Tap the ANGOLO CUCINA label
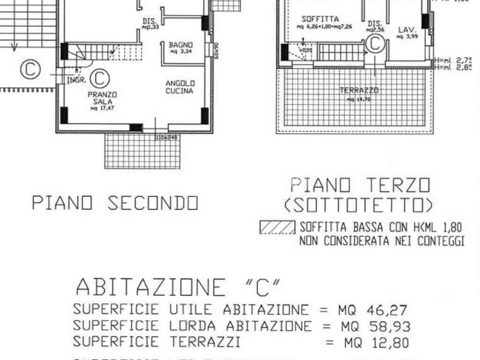180,87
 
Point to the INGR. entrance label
76,80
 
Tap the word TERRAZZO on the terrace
360,90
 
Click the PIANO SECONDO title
115,203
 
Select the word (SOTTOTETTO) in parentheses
358,205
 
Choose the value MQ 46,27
373,310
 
